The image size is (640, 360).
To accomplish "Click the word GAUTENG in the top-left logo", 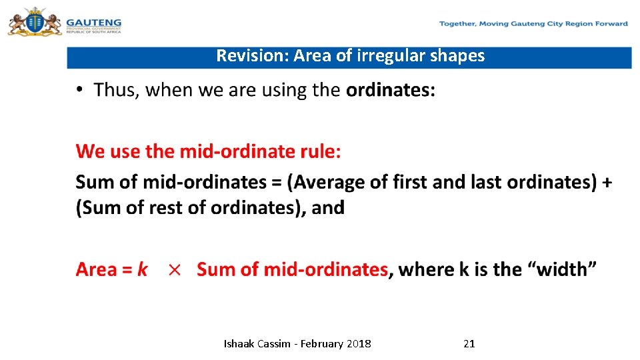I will [93, 22].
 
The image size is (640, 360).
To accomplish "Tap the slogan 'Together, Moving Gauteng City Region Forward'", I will [533, 24].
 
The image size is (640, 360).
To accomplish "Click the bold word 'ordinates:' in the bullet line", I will [390, 90].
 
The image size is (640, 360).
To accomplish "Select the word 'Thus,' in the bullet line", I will [117, 90].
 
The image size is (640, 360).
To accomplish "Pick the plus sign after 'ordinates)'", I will [607, 181].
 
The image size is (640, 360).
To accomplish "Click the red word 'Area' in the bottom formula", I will [96, 269].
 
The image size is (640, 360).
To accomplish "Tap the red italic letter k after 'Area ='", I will [142, 269].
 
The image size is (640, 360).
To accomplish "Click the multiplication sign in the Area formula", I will [174, 270].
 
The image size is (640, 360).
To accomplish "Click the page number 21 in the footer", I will [469, 344].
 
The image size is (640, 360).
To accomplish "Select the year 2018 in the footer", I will [359, 344].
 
